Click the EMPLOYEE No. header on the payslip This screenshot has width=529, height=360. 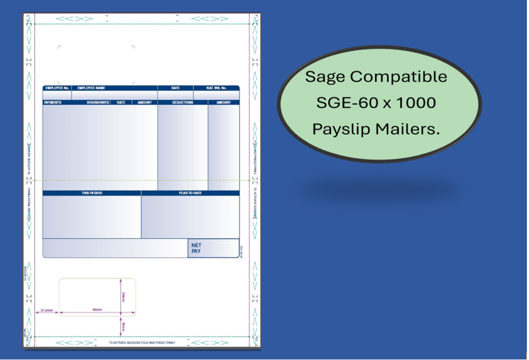57,88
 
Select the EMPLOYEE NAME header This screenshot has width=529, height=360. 91,88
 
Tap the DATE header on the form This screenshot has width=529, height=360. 175,88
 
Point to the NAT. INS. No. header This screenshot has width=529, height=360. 216,88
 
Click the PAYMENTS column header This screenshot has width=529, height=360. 53,103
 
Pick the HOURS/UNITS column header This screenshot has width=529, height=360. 98,103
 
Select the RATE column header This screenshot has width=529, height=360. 121,103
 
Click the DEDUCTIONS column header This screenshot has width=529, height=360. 183,103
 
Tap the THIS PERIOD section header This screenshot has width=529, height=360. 92,193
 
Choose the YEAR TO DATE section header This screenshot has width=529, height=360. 190,193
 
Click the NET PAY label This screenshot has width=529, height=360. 196,248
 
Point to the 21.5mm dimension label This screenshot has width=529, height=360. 47,310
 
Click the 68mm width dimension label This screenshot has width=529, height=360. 97,310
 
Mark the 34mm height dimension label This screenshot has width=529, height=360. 123,297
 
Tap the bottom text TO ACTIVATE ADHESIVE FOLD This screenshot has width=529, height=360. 142,343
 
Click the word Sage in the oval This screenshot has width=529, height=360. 325,77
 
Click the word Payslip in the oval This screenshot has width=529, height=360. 340,129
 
